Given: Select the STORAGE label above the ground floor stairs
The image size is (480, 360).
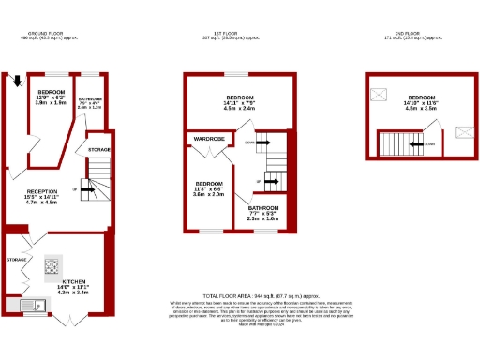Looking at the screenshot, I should click(99, 149).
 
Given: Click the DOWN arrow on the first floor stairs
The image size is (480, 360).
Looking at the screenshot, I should click(262, 142).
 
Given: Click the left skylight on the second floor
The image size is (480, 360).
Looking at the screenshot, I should click(380, 95).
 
